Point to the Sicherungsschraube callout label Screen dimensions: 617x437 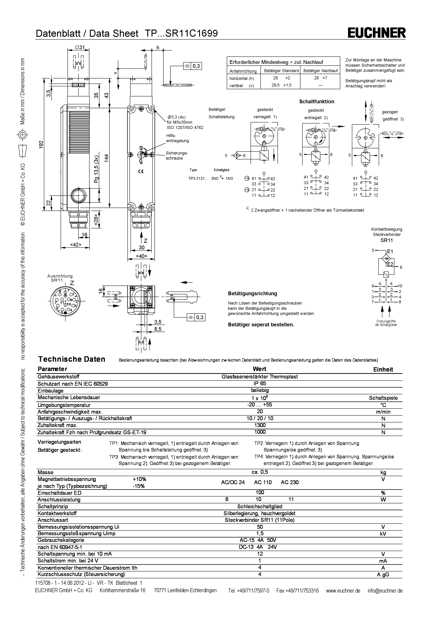click(177, 155)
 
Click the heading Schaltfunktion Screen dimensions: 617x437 click(316, 102)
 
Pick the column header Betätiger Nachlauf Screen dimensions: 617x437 click(320, 71)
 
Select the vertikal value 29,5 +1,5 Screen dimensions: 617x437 click(281, 85)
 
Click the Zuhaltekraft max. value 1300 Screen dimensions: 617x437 click(260, 425)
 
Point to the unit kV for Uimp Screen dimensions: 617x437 click(383, 533)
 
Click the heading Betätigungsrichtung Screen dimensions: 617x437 click(252, 293)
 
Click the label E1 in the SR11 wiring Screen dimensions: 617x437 click(390, 252)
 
